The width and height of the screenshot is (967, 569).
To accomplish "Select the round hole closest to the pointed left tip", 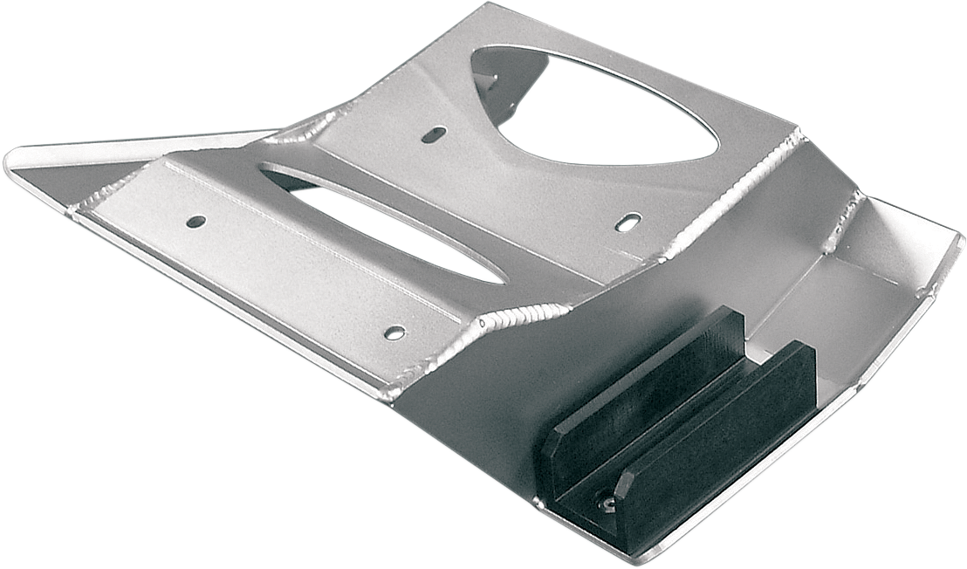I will (x=196, y=222).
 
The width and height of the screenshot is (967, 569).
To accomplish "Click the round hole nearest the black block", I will (x=394, y=332).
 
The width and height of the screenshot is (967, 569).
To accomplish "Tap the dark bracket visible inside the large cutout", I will (x=502, y=79).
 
